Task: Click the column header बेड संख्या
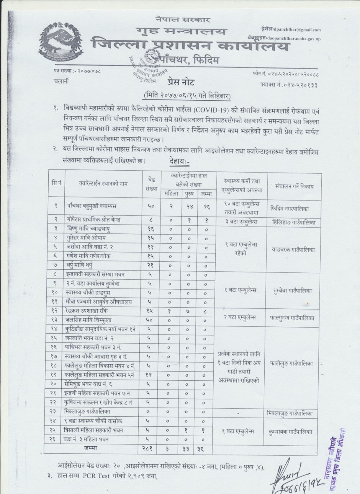[x=151, y=183]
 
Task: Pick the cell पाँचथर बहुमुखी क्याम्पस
[x=90, y=206]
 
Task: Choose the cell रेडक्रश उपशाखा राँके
[x=87, y=311]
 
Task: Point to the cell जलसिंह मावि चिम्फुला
[x=88, y=320]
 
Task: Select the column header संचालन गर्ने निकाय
[x=294, y=187]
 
